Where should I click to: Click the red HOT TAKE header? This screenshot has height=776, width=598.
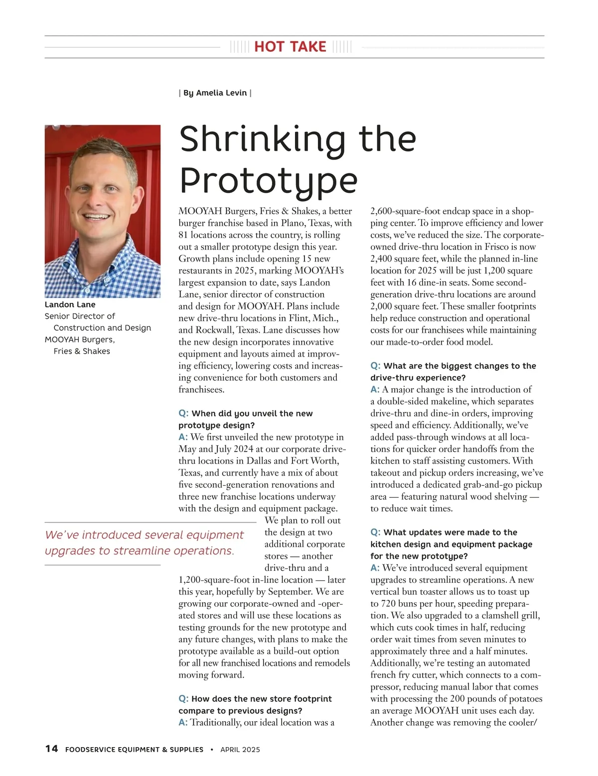pos(290,47)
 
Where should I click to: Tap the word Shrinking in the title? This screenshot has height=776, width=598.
pos(262,140)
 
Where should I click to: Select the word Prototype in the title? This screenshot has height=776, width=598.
pos(268,181)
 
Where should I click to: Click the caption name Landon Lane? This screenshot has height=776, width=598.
pos(70,304)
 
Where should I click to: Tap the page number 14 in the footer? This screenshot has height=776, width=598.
pos(51,749)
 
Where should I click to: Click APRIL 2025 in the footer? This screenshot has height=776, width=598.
pos(240,749)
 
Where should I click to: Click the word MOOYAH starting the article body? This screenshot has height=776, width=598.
pos(200,211)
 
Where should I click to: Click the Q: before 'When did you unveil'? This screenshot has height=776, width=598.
pos(183,413)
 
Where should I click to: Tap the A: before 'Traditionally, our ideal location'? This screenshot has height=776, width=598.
pos(183,722)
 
